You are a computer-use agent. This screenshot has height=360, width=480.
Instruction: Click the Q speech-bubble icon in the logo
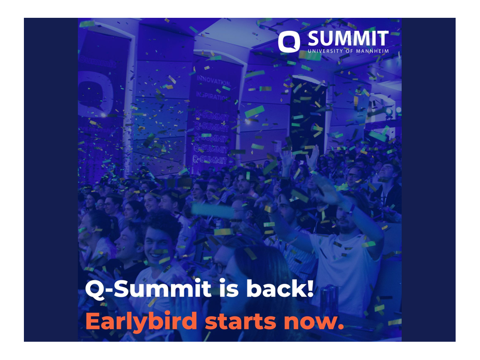pos(288,42)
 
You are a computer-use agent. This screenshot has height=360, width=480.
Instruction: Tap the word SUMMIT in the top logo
pos(348,39)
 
